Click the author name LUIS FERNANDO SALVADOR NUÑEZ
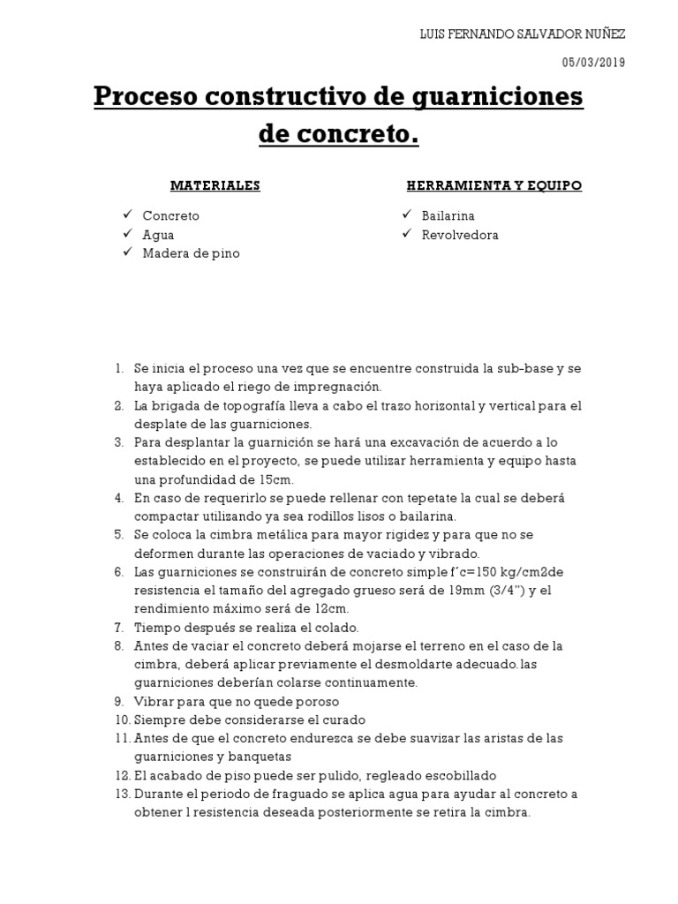tap(521, 34)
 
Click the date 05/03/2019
tap(593, 61)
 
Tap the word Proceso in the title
tap(146, 95)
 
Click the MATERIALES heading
tap(215, 185)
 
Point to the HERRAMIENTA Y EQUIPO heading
tap(494, 185)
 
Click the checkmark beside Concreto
tap(128, 215)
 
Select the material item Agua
tap(158, 235)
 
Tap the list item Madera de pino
tap(191, 253)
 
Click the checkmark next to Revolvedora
tap(406, 234)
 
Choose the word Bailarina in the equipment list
tap(448, 215)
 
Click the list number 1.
tap(119, 368)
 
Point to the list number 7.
tap(118, 628)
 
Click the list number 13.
tap(121, 794)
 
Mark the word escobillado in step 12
tap(459, 775)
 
